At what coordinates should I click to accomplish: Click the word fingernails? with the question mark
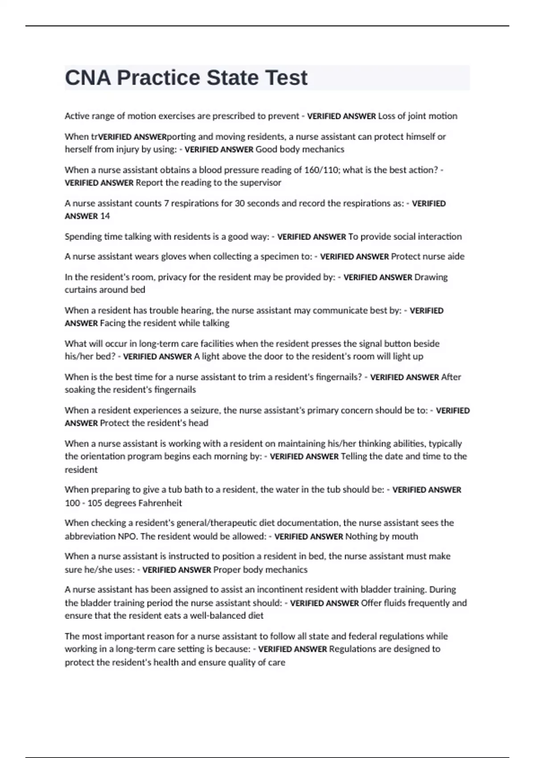point(338,377)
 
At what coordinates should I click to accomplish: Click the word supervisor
point(261,183)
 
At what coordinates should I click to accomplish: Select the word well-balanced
point(218,616)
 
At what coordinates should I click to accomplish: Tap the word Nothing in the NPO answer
point(361,536)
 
